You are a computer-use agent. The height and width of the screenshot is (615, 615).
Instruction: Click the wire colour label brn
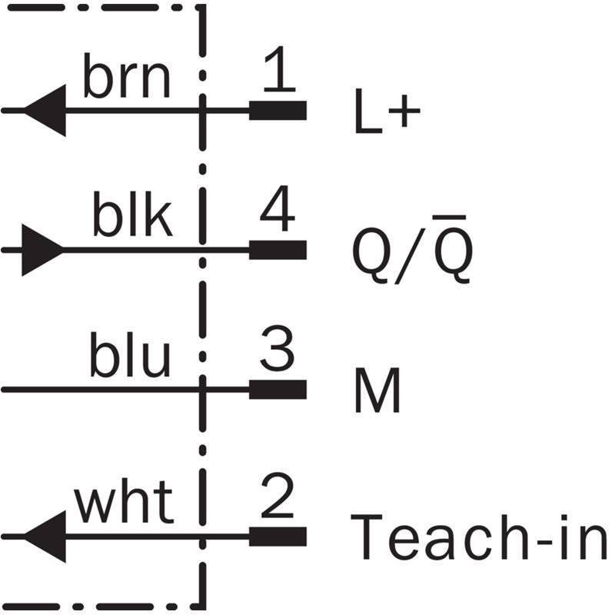tap(127, 76)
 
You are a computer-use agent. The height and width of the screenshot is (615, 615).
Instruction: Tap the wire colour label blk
tap(132, 214)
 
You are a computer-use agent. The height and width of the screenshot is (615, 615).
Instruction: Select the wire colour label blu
tap(130, 354)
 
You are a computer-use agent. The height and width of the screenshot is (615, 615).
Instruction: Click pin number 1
tap(279, 69)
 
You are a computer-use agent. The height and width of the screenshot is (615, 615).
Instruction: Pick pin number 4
tap(277, 208)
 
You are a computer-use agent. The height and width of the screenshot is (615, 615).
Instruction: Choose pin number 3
tap(278, 348)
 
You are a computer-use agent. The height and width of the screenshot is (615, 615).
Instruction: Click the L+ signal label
tap(387, 111)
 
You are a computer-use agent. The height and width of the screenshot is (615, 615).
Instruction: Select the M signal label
tap(377, 391)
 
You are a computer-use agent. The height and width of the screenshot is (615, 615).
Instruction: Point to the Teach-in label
tap(479, 537)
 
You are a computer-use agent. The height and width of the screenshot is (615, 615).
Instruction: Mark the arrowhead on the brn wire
tap(45, 110)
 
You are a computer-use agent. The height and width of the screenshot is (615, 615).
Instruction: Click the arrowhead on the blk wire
tap(42, 250)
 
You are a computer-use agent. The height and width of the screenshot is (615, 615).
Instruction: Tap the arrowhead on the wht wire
tap(45, 537)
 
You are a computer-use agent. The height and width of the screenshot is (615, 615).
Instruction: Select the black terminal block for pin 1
tap(278, 111)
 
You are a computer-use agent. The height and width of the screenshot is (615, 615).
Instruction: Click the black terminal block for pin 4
tap(278, 250)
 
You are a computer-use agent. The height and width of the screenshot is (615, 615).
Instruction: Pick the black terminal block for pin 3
tap(278, 390)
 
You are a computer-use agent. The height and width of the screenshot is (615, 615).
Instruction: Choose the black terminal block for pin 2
tap(278, 537)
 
